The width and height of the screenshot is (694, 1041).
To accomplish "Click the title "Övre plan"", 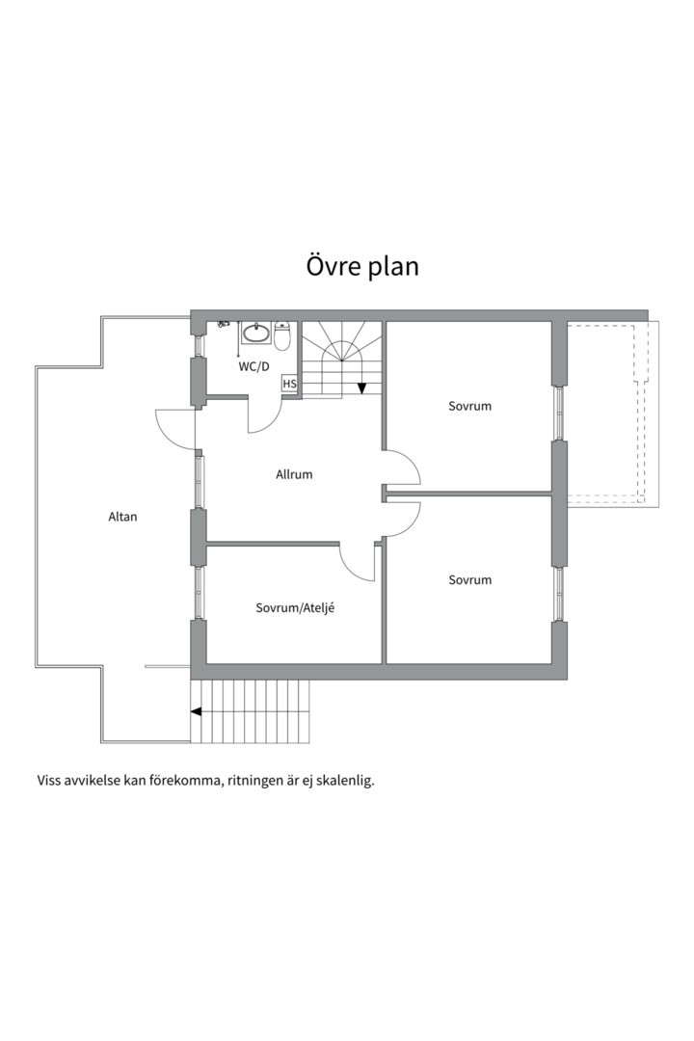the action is pos(362,266).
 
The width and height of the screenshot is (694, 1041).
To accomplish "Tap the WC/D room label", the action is pos(254,366).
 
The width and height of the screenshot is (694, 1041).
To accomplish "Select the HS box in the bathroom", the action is pos(289,384).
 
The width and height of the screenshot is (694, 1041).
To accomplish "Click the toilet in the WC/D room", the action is pos(282,336).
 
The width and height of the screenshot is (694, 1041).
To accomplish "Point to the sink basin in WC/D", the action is pos(255,333).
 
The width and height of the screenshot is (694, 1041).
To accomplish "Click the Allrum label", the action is pos(294,474).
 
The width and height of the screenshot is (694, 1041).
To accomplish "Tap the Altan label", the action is pos(122,517).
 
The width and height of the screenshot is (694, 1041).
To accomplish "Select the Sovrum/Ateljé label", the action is pos(295,607).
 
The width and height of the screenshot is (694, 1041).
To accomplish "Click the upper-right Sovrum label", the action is pos(470,407).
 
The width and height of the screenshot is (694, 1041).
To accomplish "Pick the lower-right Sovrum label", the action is pos(470,580).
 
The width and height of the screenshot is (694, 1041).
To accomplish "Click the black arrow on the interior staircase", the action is pos(362,388).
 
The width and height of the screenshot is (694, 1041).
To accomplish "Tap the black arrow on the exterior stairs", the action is pos(197,711).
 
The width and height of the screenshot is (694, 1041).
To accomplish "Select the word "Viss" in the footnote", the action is pos(48,780).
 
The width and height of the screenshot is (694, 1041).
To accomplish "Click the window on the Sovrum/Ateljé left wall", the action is pos(198,594).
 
